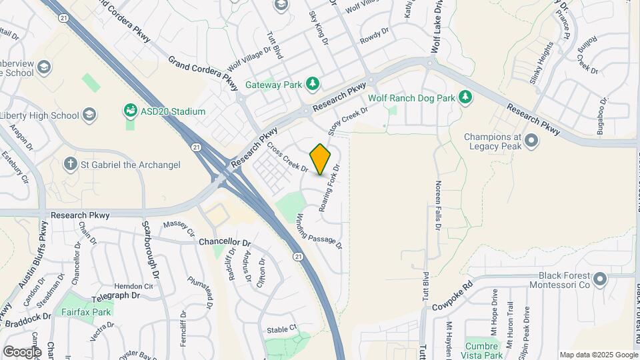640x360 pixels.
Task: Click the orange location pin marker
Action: point(321,159)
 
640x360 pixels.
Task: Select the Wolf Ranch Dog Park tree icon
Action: point(465,98)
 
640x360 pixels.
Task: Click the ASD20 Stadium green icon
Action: point(131,110)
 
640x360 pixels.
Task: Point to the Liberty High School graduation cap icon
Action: point(89,115)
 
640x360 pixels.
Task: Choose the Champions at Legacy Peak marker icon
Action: point(531,140)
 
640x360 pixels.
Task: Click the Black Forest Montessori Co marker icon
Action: point(599,279)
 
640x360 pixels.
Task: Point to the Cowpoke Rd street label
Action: point(451,297)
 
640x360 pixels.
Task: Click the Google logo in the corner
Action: point(22,351)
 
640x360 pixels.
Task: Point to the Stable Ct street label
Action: point(281,329)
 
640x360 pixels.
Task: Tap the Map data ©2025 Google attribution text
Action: point(598,355)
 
